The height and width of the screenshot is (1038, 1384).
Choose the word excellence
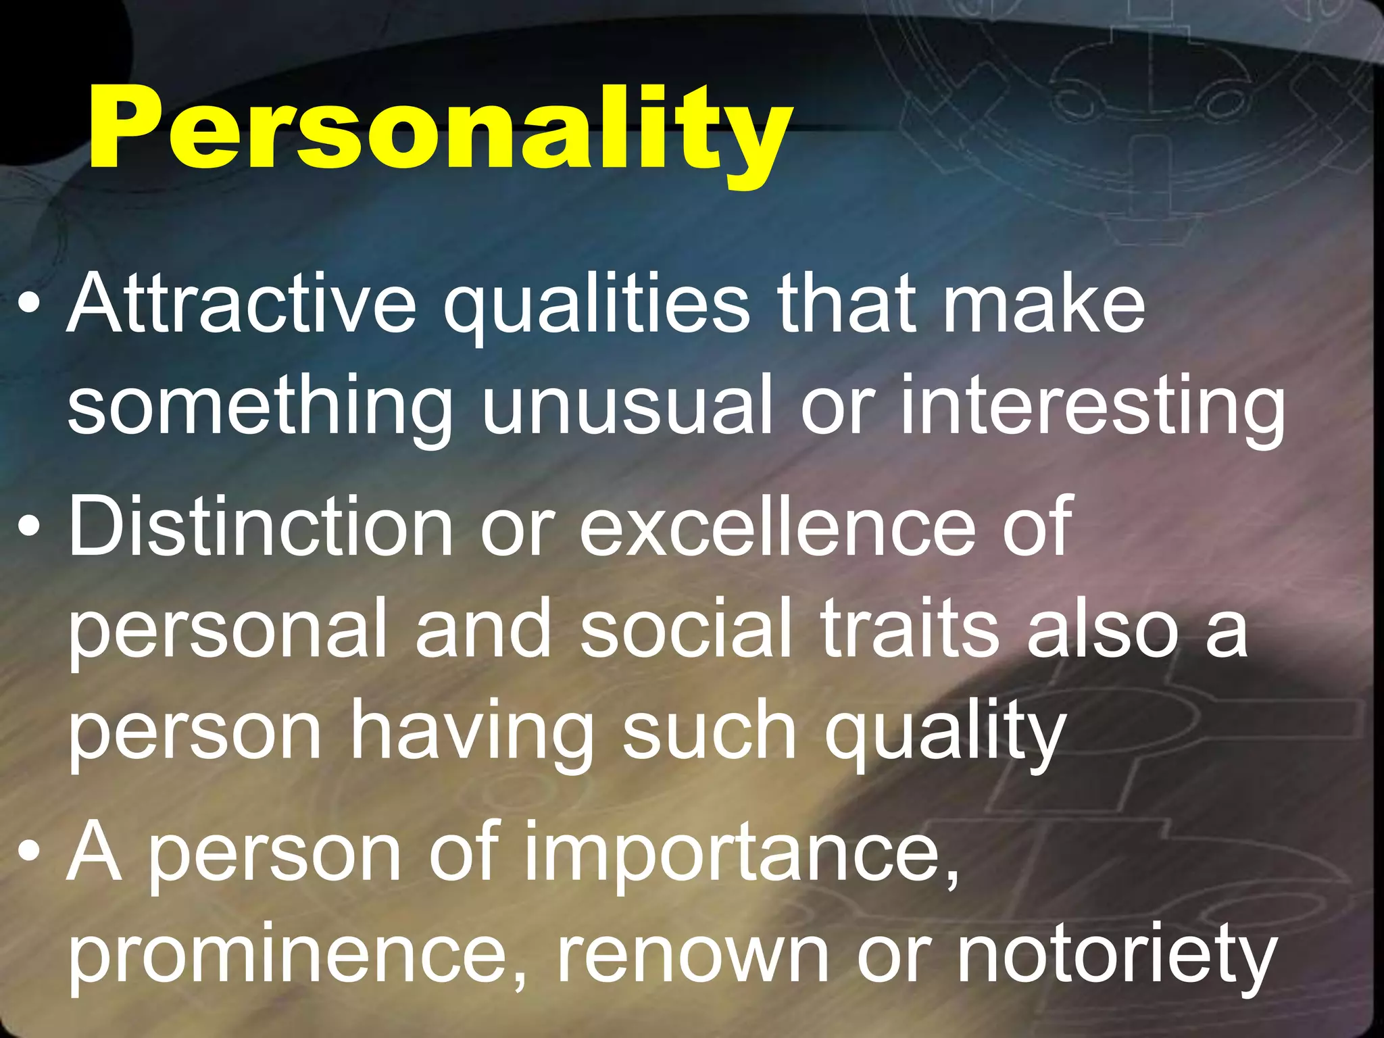coord(777,526)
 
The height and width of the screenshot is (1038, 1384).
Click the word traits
coord(910,628)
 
